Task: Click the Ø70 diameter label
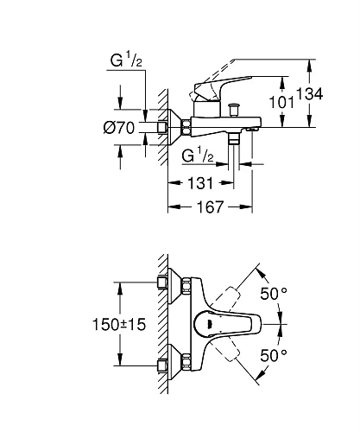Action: tap(118, 127)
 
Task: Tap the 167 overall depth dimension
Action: tap(209, 207)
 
